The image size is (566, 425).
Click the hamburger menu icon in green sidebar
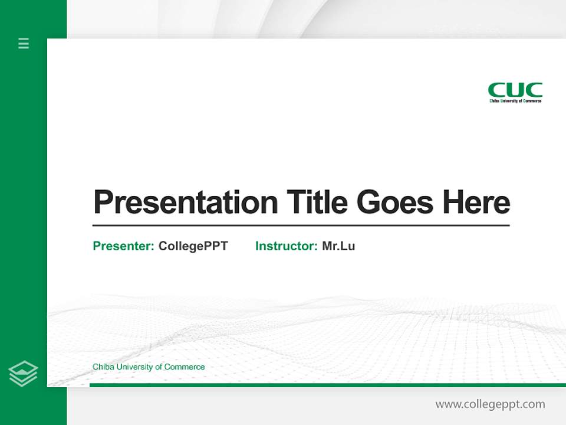point(24,43)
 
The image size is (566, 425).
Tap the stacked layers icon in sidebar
point(23,374)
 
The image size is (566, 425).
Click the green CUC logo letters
point(515,90)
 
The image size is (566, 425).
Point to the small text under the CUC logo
point(515,101)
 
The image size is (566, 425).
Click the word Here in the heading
point(476,202)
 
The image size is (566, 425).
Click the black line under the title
point(301,225)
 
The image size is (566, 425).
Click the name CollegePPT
point(193,246)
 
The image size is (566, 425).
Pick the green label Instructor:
point(287,246)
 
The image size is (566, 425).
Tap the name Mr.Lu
point(338,246)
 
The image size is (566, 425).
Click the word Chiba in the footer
point(103,367)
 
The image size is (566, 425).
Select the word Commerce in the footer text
point(185,367)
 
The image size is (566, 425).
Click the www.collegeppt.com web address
point(490,404)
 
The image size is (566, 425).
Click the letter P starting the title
point(103,202)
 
